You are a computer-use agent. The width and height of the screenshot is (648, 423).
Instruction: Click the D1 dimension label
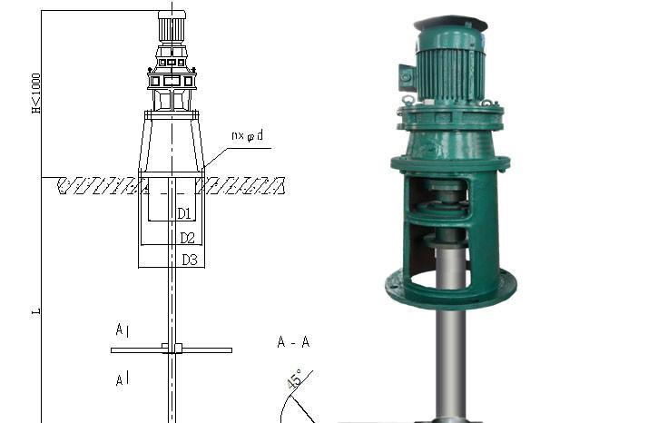click(x=184, y=214)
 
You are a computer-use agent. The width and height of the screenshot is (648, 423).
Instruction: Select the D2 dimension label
click(x=187, y=238)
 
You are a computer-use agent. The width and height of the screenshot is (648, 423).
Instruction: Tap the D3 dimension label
click(x=190, y=260)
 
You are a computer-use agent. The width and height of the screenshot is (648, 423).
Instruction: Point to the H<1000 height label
click(x=36, y=93)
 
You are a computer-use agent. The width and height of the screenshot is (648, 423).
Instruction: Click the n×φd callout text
click(x=247, y=135)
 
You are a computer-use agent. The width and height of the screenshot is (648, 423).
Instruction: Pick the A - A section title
click(x=293, y=342)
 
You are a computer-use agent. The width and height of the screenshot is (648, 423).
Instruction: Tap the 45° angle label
click(x=296, y=379)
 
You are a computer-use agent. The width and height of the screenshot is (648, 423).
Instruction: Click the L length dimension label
click(x=36, y=311)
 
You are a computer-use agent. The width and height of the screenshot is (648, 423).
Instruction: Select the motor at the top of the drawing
click(x=172, y=27)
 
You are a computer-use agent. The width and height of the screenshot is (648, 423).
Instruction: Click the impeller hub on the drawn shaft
click(x=172, y=349)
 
